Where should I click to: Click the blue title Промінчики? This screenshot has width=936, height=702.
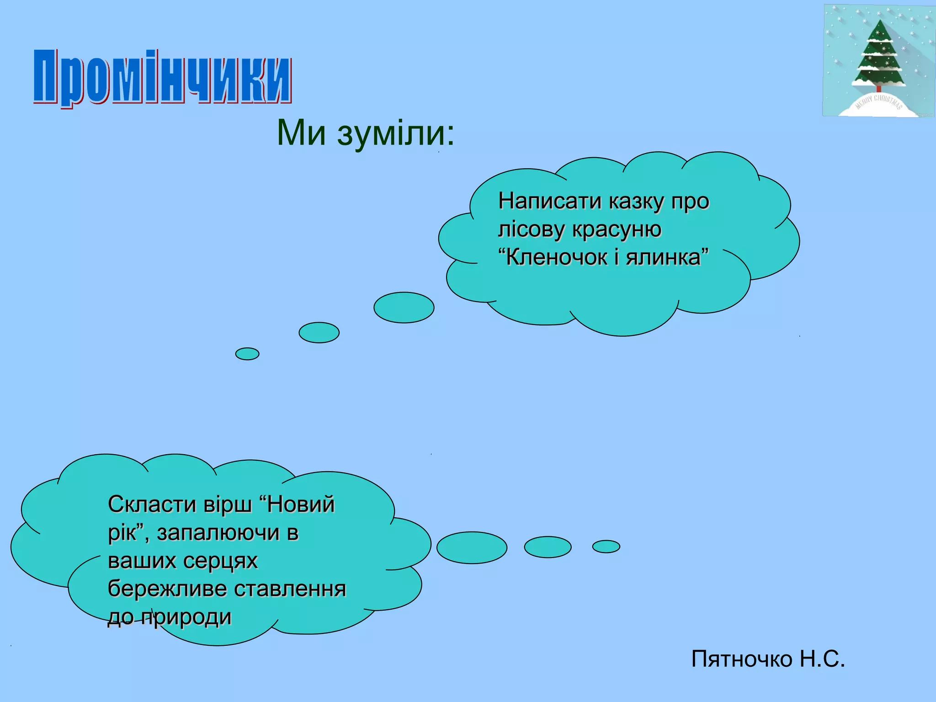(162, 77)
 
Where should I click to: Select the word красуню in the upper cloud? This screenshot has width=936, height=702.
(617, 229)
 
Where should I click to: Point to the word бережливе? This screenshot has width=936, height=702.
(167, 589)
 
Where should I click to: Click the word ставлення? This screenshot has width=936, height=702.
(290, 589)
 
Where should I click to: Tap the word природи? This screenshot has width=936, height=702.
(186, 617)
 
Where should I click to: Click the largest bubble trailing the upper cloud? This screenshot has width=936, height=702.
(404, 308)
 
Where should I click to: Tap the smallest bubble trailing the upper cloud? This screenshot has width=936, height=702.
(247, 354)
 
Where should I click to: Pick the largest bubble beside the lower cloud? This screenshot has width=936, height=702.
(472, 548)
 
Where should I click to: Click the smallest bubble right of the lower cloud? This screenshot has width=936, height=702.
(606, 547)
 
